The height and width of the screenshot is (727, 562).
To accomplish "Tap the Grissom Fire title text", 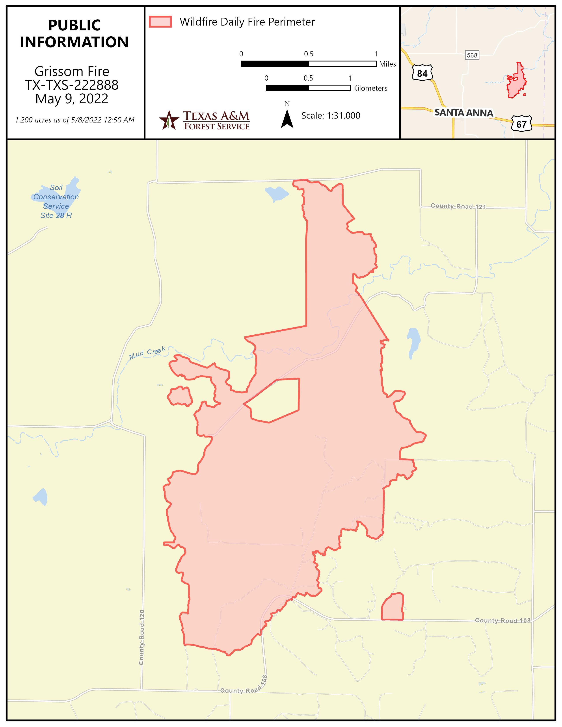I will tap(72, 71).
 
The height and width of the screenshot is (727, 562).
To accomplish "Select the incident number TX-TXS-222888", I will tap(72, 85).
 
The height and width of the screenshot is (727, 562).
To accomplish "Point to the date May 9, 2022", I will tap(72, 99).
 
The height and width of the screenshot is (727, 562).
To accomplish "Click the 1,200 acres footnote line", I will tap(75, 120).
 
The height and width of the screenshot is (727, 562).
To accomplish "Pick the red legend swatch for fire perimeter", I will tap(160, 22).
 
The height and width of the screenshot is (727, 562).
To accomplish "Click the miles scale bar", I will tap(308, 64).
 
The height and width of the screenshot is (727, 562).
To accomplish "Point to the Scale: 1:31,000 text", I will tap(331, 115).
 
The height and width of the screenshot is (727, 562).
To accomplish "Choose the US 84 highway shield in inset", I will tap(422, 73).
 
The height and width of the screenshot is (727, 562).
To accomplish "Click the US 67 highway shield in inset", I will tap(521, 124).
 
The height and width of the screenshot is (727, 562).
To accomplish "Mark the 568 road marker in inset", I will tap(472, 55).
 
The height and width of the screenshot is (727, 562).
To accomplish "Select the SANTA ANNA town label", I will tap(463, 113).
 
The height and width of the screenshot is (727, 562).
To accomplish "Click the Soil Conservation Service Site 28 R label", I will tap(56, 201).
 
